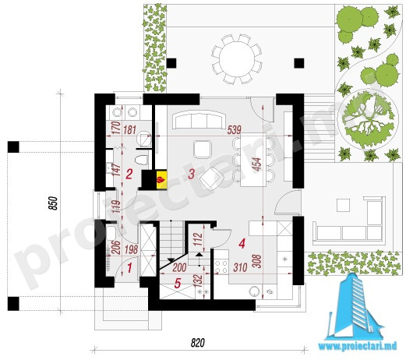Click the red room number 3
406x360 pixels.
(x=191, y=174)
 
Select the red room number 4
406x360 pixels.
(x=242, y=244)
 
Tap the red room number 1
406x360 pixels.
(x=129, y=268)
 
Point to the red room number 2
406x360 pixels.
(x=129, y=174)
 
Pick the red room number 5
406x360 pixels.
(x=178, y=283)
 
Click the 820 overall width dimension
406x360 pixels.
(x=198, y=343)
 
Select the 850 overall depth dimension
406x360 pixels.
(x=53, y=203)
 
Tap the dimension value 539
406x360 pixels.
(x=234, y=130)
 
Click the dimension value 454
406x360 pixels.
(x=256, y=164)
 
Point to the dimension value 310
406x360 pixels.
(x=240, y=267)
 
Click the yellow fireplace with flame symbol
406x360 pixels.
(x=161, y=179)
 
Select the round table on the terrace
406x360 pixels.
(x=237, y=58)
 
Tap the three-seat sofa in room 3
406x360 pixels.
(x=199, y=119)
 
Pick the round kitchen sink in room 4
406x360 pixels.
(x=255, y=291)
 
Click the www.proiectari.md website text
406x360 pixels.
(x=358, y=346)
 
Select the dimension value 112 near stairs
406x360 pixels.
(x=198, y=239)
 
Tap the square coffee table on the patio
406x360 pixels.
(x=343, y=205)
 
